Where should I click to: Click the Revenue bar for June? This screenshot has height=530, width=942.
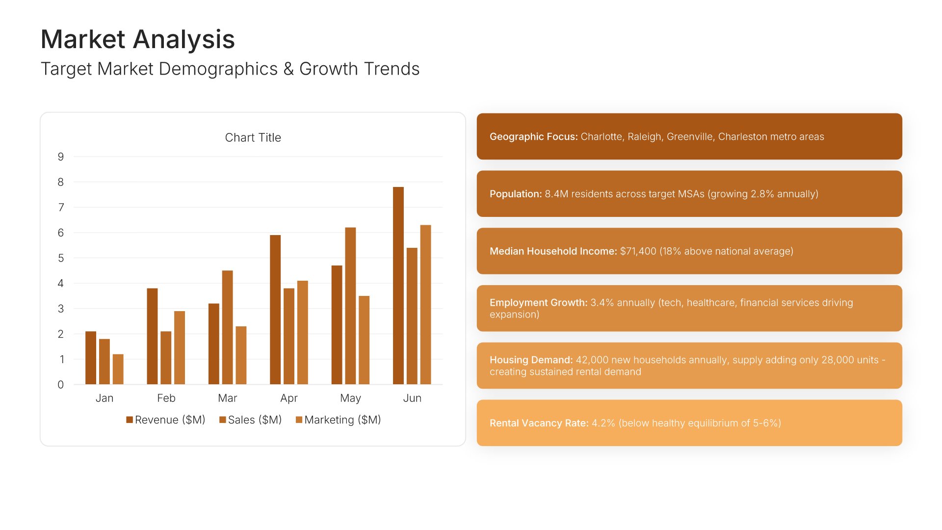398,286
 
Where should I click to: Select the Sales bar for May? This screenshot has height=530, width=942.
350,306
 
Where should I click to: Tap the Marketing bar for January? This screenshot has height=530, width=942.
118,369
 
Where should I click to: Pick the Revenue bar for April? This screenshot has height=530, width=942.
275,310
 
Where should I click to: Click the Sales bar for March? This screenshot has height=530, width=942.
227,327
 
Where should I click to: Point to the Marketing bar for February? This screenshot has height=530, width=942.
180,347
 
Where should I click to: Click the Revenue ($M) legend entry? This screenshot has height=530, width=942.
166,420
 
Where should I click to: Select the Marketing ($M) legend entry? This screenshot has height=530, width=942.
339,420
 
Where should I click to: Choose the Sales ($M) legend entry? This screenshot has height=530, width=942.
251,420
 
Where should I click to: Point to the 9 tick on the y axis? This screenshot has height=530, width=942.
61,157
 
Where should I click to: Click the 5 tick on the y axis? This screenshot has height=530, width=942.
61,258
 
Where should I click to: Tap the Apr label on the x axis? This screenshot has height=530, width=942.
289,398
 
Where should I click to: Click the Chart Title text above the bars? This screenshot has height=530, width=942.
253,137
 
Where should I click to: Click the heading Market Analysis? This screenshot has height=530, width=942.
138,39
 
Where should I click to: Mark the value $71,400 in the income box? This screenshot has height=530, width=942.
638,251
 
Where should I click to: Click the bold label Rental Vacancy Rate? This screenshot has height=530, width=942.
539,423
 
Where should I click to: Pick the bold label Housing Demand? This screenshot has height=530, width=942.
531,360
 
